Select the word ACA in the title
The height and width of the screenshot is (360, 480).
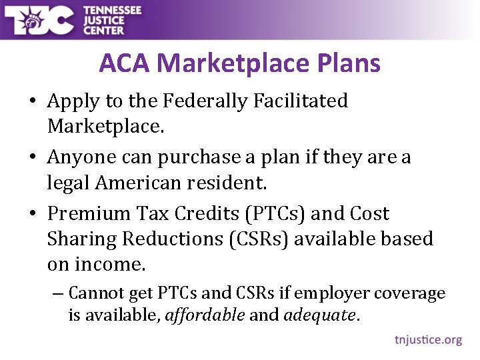point(125,63)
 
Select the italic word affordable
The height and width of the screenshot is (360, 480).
point(205,315)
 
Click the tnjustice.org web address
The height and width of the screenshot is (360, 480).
point(428,340)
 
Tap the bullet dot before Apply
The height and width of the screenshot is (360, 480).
point(33,102)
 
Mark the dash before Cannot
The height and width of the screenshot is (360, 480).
point(58,293)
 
